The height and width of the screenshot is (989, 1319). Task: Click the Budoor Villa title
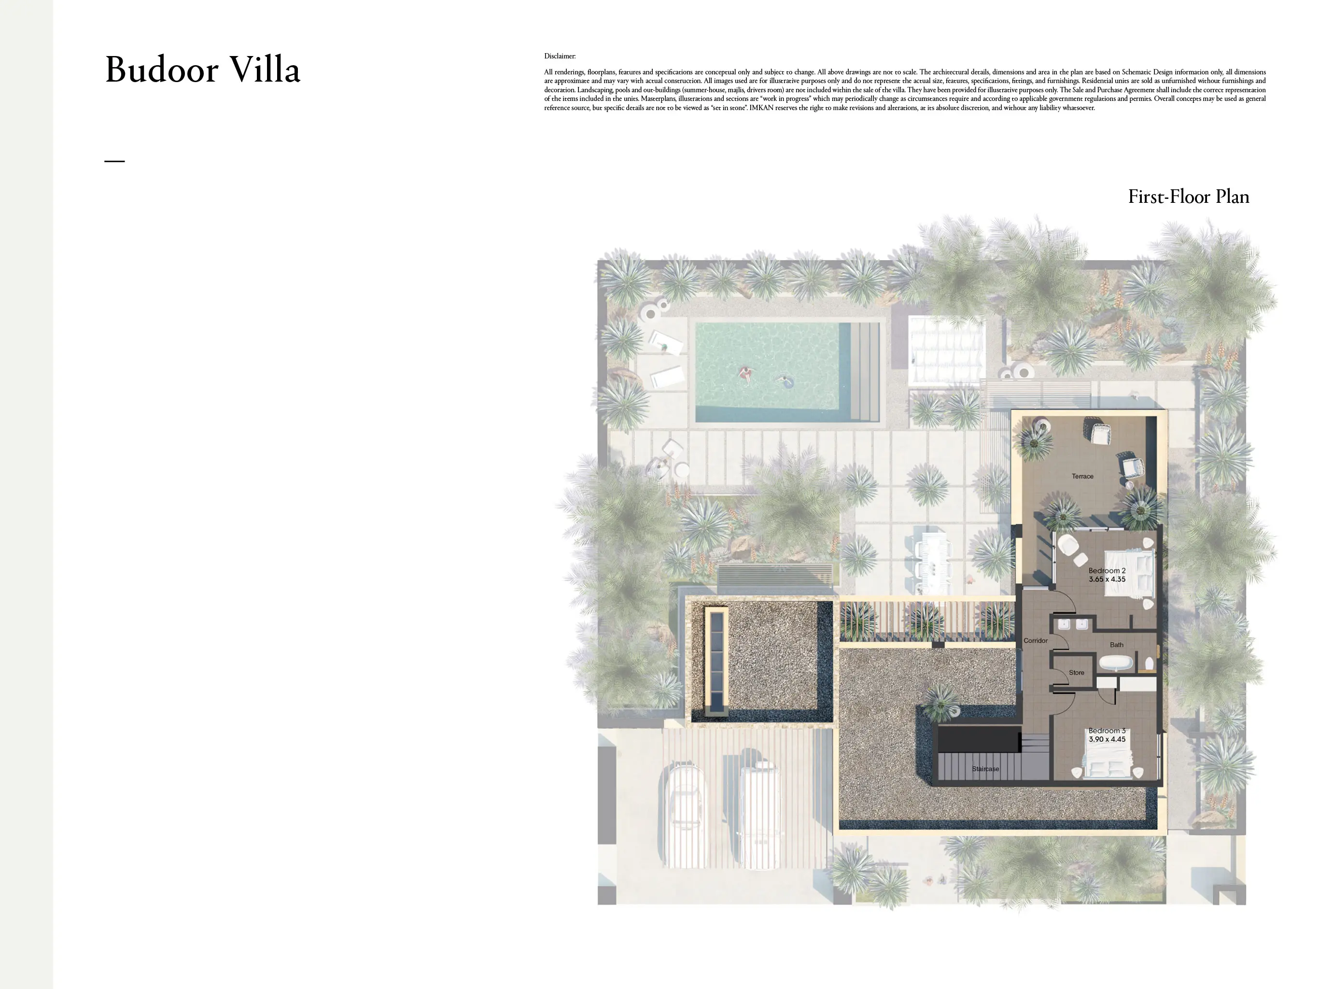pyautogui.click(x=203, y=70)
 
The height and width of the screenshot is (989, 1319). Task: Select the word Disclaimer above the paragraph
pyautogui.click(x=560, y=56)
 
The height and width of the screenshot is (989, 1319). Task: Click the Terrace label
pyautogui.click(x=1082, y=476)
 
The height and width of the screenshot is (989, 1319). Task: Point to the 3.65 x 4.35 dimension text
pyautogui.click(x=1107, y=579)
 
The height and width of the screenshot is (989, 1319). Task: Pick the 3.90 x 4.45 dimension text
pyautogui.click(x=1107, y=739)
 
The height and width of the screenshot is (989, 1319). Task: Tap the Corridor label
pyautogui.click(x=1035, y=641)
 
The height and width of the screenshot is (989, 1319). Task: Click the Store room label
pyautogui.click(x=1076, y=672)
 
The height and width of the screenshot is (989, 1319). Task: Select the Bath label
pyautogui.click(x=1116, y=645)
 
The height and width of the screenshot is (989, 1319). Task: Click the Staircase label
pyautogui.click(x=985, y=769)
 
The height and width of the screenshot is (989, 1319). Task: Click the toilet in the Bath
pyautogui.click(x=1149, y=664)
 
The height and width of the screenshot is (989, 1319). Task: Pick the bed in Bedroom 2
pyautogui.click(x=1129, y=573)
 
